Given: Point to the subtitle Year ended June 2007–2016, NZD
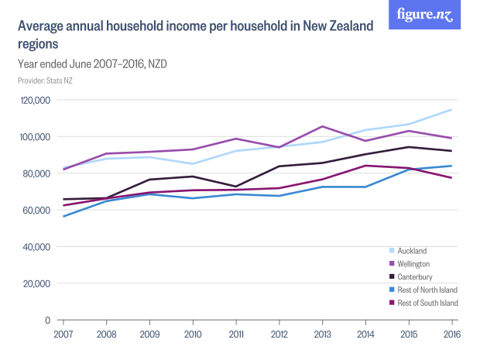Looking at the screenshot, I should pos(92,63).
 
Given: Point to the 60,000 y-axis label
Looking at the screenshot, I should pos(36,210).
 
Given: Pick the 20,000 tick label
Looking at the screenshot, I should pos(36,283).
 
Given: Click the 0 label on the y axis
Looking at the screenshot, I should pos(47,320).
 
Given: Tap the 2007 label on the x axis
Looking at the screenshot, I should pos(63,334).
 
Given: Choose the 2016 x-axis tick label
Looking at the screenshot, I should pos(451,334).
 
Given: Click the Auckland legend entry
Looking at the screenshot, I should pos(413,251).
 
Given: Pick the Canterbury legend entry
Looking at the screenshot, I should pos(415,276).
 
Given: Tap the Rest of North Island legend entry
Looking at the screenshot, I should pos(427,290).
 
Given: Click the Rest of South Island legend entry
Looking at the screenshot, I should pos(427,303).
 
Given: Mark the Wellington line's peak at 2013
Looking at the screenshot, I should pos(322,126).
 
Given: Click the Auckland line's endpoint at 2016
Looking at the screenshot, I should pos(451,110).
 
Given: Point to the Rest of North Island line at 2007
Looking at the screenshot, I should pos(63,216).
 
